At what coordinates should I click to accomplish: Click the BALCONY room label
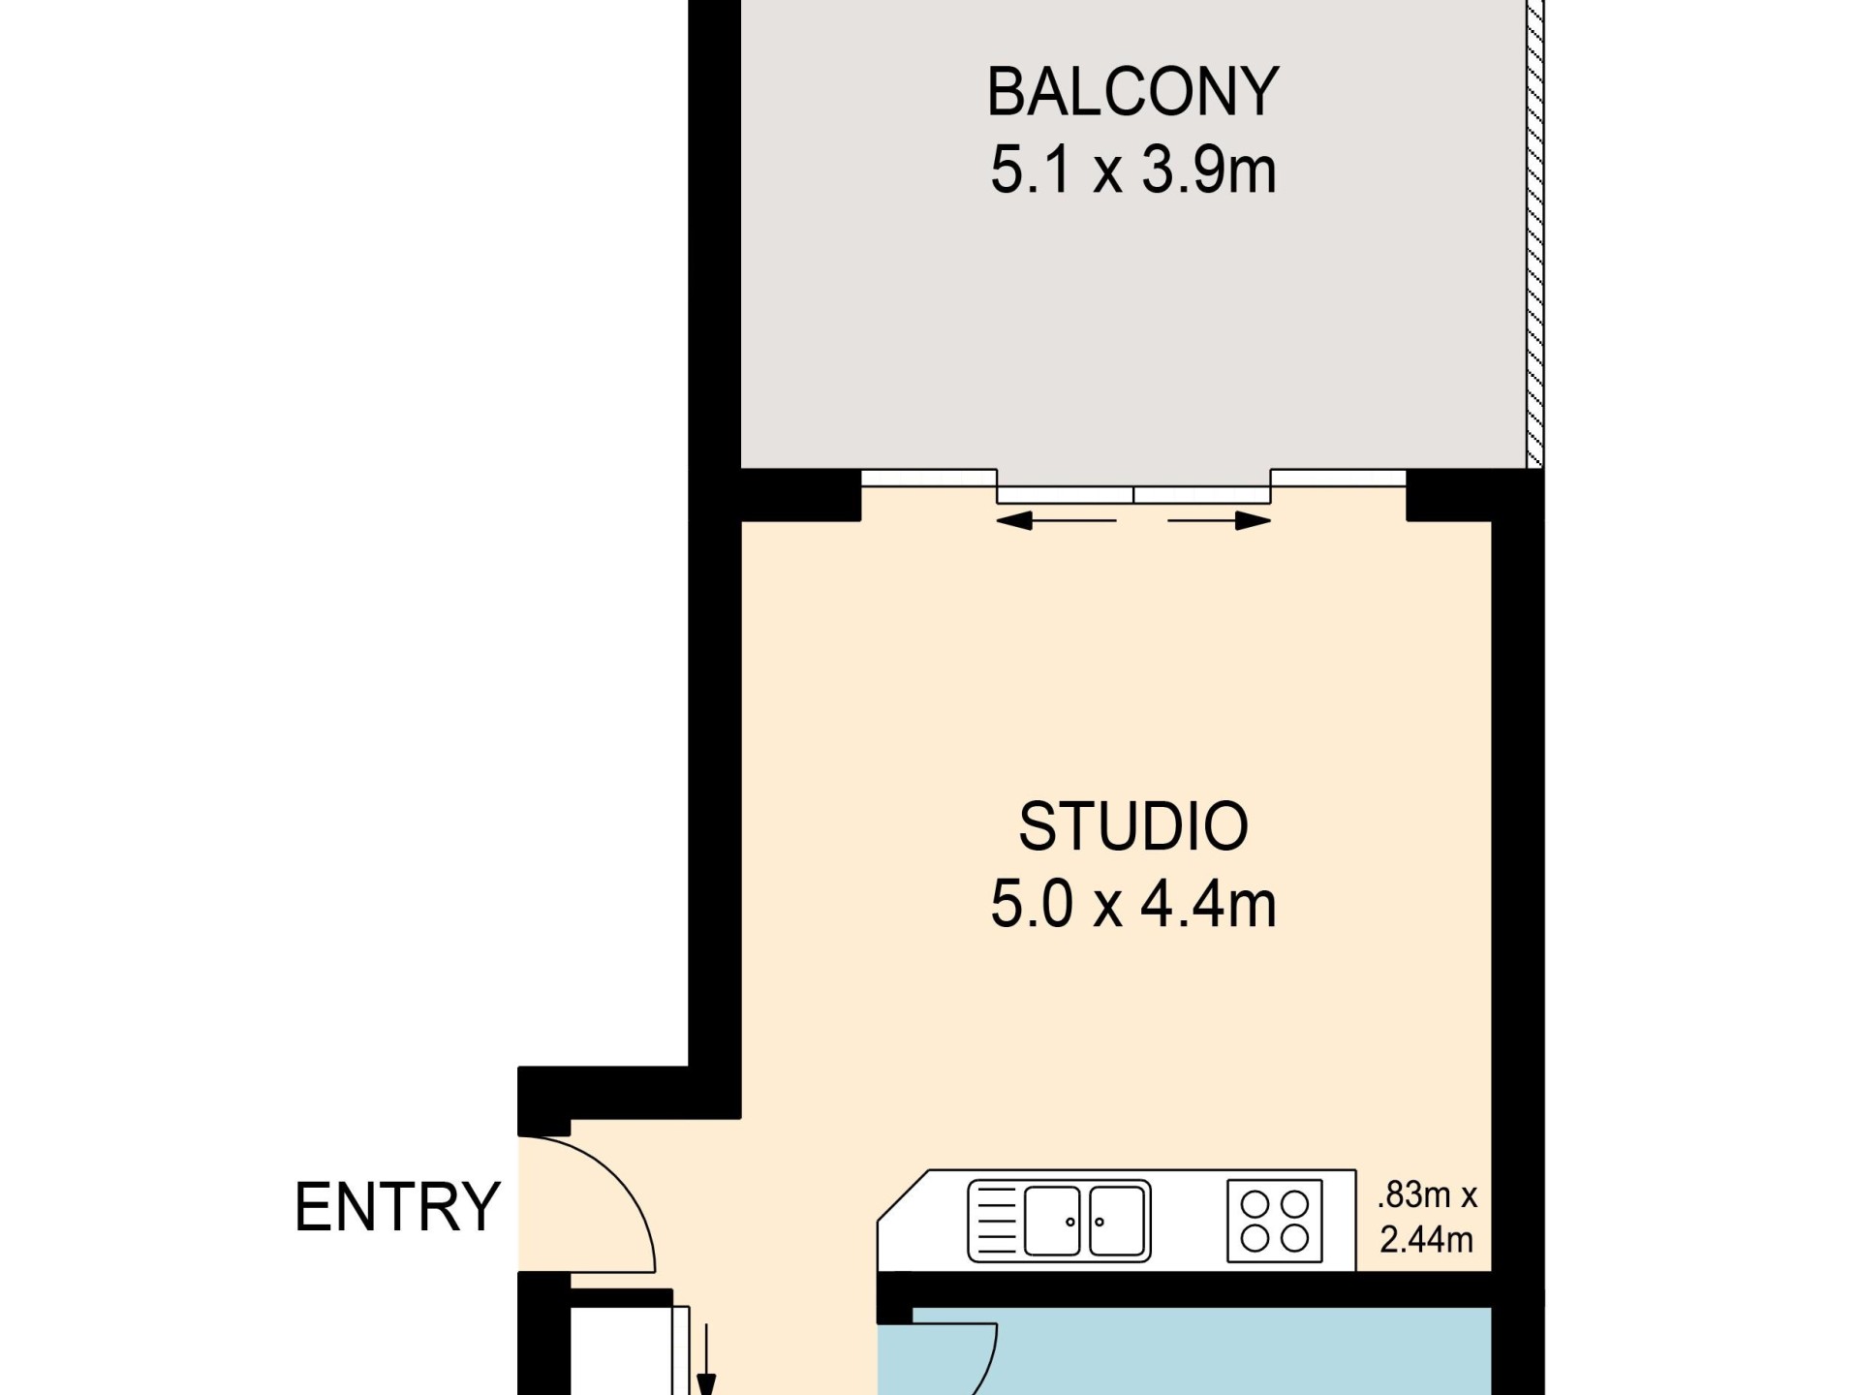[x=1132, y=92]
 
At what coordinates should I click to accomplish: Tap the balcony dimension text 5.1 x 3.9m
[x=1132, y=170]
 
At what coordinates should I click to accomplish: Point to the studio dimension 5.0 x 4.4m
[x=1132, y=905]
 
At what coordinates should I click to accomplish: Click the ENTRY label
[x=397, y=1207]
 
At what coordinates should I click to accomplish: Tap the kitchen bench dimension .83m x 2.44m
[x=1427, y=1218]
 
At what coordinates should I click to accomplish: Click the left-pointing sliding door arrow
[x=1056, y=521]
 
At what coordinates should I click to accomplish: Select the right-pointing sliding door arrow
[x=1220, y=521]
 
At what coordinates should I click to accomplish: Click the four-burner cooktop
[x=1274, y=1221]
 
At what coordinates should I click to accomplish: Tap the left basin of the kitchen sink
[x=1052, y=1221]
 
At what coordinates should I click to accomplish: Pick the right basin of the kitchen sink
[x=1117, y=1221]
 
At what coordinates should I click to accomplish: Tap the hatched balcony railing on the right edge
[x=1534, y=232]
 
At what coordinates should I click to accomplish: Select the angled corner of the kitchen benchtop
[x=903, y=1195]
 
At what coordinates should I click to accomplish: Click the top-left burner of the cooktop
[x=1255, y=1204]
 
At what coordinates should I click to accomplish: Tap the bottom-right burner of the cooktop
[x=1295, y=1238]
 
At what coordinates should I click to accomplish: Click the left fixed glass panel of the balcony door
[x=929, y=477]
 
